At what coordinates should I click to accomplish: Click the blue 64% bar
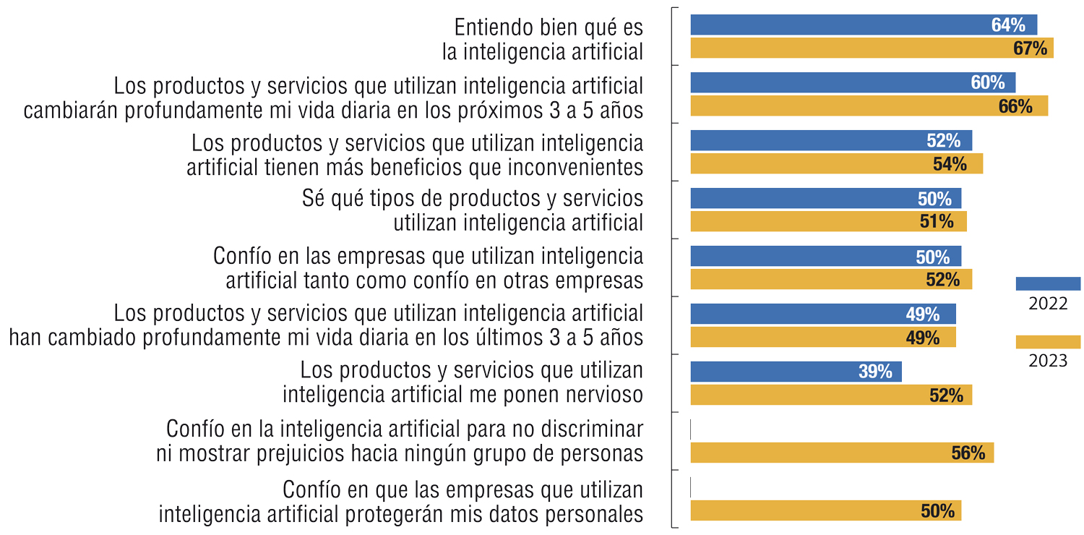pyautogui.click(x=864, y=25)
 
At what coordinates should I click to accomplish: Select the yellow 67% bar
pyautogui.click(x=872, y=48)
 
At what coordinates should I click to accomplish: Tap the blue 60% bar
pyautogui.click(x=853, y=82)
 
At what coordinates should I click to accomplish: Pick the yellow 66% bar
pyautogui.click(x=869, y=106)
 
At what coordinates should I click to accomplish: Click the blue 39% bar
pyautogui.click(x=796, y=372)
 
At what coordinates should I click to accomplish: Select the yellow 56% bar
pyautogui.click(x=842, y=453)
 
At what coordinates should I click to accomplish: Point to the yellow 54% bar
pyautogui.click(x=836, y=164)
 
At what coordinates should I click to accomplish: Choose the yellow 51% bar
pyautogui.click(x=828, y=222)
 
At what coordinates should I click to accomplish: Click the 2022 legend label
pyautogui.click(x=1047, y=304)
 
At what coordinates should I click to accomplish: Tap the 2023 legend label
pyautogui.click(x=1047, y=361)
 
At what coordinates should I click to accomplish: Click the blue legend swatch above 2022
pyautogui.click(x=1048, y=283)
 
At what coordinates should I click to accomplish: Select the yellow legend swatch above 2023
pyautogui.click(x=1048, y=342)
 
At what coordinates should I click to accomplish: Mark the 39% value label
pyautogui.click(x=875, y=372)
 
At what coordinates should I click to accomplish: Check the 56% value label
pyautogui.click(x=968, y=453)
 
